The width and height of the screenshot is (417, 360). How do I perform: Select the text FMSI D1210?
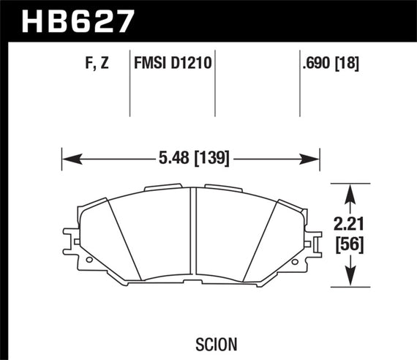[x=173, y=64]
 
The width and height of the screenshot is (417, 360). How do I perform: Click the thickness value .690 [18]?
[x=330, y=64]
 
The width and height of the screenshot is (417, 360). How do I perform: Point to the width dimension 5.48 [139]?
[x=192, y=157]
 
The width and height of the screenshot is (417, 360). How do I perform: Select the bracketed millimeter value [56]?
[x=350, y=246]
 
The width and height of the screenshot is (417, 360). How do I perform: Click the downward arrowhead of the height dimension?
[x=350, y=280]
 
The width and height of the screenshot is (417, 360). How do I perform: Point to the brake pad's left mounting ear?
[x=71, y=241]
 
